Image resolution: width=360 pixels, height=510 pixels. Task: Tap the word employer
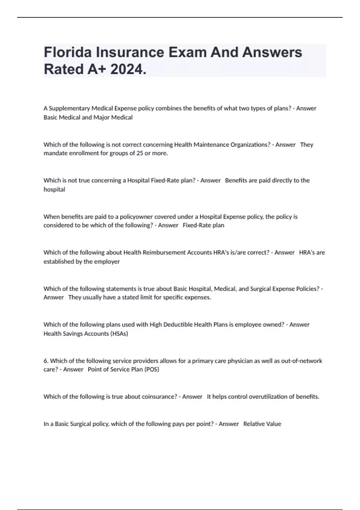pyautogui.click(x=107, y=262)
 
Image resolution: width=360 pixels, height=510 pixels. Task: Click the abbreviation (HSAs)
pyautogui.click(x=119, y=334)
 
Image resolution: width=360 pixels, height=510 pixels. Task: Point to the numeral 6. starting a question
pyautogui.click(x=46, y=361)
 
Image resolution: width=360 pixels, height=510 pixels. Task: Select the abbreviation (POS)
pyautogui.click(x=152, y=369)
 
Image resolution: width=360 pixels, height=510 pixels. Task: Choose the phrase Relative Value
pyautogui.click(x=262, y=424)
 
